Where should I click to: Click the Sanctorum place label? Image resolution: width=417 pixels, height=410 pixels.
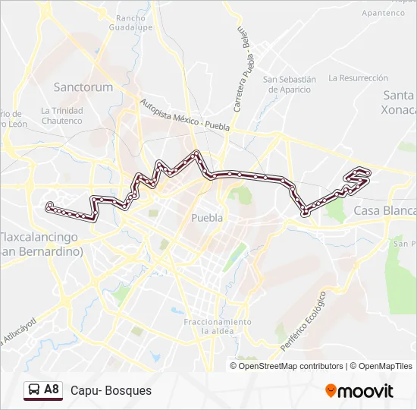(x=83, y=87)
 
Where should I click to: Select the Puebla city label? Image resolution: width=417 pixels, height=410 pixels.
(x=207, y=218)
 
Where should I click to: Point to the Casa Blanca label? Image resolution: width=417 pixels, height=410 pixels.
(x=385, y=210)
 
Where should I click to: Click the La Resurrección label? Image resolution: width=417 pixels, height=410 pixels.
(x=359, y=77)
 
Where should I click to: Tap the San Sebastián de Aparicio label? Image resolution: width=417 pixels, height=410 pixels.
(x=289, y=84)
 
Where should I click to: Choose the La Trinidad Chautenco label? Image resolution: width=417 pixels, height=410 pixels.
(x=62, y=115)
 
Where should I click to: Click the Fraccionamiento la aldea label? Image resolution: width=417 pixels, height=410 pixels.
(x=218, y=327)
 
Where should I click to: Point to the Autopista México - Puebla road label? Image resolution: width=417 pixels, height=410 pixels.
(x=183, y=117)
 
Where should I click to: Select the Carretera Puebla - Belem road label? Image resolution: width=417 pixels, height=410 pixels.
(x=241, y=68)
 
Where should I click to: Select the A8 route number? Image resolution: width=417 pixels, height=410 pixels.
(x=52, y=389)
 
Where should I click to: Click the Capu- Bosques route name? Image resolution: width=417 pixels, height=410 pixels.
(x=111, y=390)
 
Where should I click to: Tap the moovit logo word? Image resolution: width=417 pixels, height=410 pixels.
(x=365, y=391)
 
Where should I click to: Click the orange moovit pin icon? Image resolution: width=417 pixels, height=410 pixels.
(x=331, y=391)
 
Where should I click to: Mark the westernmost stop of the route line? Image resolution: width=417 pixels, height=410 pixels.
(x=49, y=205)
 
